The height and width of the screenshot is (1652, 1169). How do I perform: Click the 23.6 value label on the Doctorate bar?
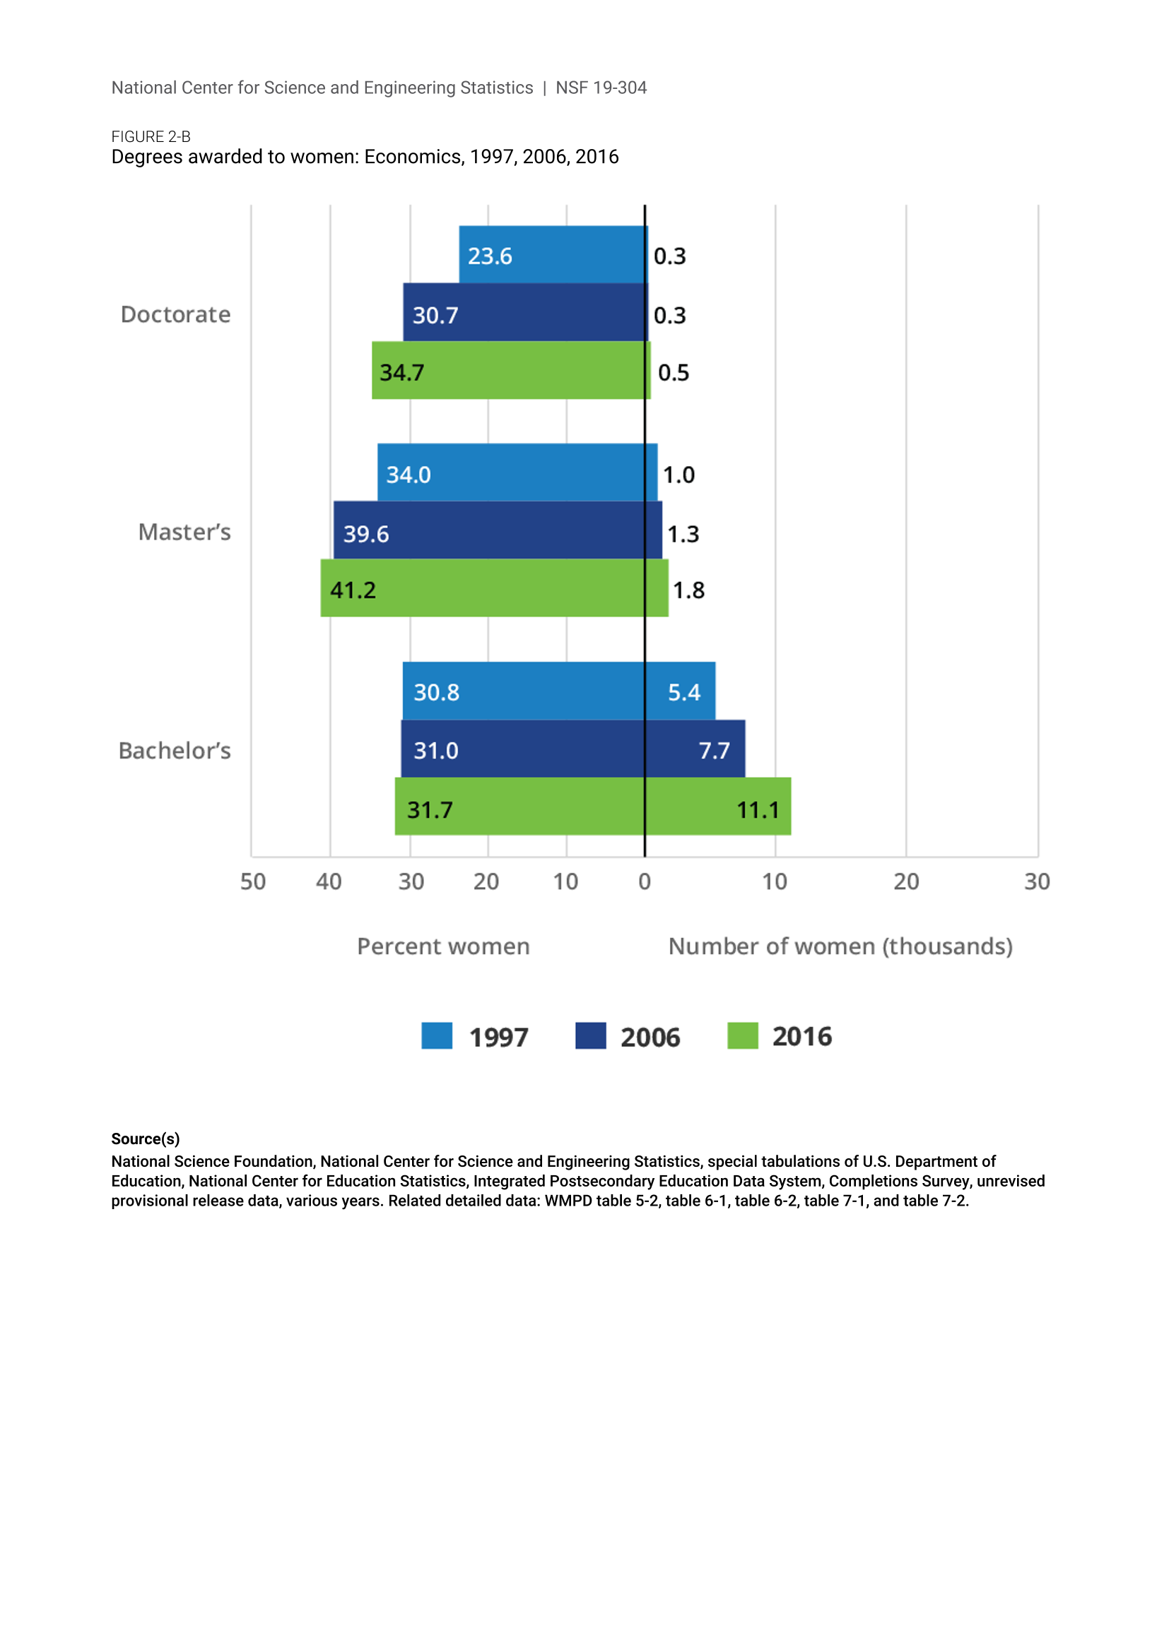coord(490,256)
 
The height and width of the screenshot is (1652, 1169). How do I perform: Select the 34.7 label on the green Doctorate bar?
coord(401,373)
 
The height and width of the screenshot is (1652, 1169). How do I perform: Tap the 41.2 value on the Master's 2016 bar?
coord(353,590)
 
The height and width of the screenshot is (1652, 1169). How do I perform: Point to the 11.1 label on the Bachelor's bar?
coord(757,810)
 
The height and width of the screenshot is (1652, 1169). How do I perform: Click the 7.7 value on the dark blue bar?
coord(714,751)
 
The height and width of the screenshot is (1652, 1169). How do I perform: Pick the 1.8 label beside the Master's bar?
coord(688,590)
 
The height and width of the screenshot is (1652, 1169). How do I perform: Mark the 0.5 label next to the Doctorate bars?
coord(673,373)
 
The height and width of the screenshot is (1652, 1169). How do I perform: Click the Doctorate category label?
coord(176,314)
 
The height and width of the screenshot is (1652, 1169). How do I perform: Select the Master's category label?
coord(184,533)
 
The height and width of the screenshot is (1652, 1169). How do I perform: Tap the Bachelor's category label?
coord(174,751)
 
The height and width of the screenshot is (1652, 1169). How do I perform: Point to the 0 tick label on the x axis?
coord(645,882)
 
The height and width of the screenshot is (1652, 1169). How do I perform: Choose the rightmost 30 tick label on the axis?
coord(1037,882)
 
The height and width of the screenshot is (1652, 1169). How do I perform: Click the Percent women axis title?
coord(443,947)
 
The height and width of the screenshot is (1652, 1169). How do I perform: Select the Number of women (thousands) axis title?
coord(840,947)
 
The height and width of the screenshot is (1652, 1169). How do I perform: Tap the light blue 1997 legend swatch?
coord(437,1036)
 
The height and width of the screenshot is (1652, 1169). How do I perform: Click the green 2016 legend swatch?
coord(742,1036)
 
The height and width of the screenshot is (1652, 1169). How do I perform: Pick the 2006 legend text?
coord(650,1038)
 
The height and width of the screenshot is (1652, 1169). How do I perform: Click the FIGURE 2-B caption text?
coord(151,137)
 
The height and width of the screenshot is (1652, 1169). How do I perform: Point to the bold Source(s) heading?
coord(146,1139)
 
